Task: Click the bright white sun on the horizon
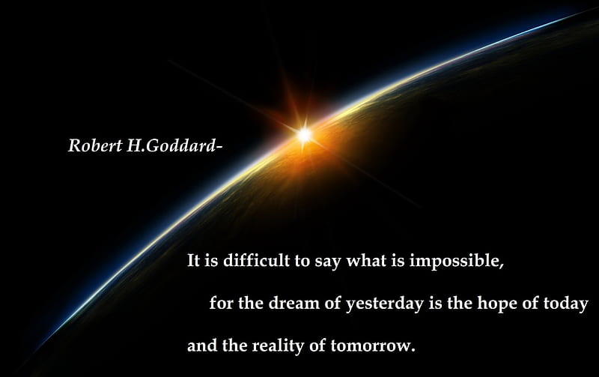[305, 135]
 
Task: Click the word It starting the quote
[194, 261]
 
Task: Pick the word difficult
[256, 260]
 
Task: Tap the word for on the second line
[221, 303]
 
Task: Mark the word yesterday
[385, 304]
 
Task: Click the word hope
[497, 304]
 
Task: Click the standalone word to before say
[302, 261]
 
